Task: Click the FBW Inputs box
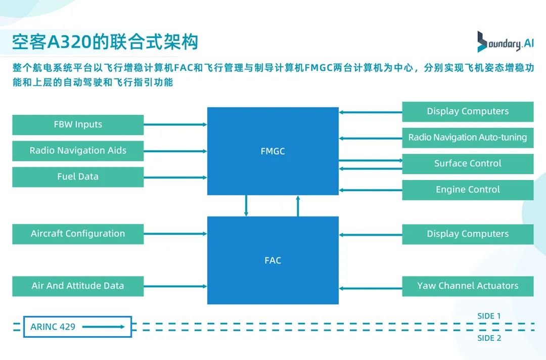click(x=78, y=124)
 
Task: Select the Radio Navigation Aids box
click(x=78, y=151)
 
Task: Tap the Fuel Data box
click(x=78, y=177)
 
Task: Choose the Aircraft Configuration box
click(x=78, y=234)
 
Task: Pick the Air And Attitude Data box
click(x=78, y=286)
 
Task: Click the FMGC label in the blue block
click(x=272, y=151)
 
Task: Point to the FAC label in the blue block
click(x=272, y=260)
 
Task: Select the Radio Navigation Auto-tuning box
click(x=468, y=138)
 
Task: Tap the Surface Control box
click(x=468, y=163)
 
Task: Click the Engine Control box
click(x=468, y=190)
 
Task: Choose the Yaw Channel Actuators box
click(x=468, y=286)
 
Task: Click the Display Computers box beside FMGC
click(x=468, y=111)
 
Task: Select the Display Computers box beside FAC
click(x=468, y=234)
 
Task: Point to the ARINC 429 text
click(x=53, y=327)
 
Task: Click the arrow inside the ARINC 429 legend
click(x=103, y=327)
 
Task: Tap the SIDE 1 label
click(x=489, y=316)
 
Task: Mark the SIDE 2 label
click(x=489, y=338)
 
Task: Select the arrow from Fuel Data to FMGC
click(x=175, y=177)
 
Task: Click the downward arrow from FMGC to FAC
click(x=246, y=206)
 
